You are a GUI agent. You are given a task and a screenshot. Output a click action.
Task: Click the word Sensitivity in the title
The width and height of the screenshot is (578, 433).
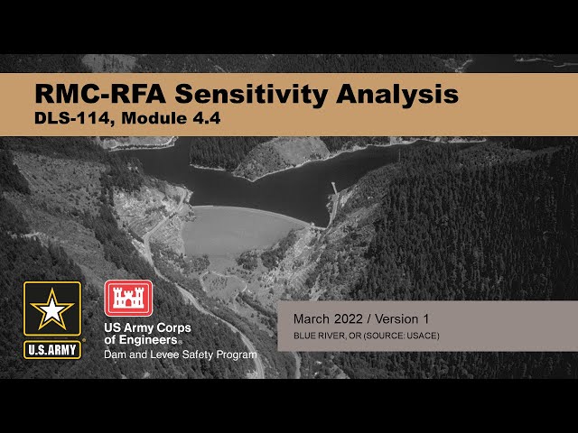tap(263, 94)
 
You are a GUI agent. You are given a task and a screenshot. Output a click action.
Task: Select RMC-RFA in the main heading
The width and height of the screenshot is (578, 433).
tap(100, 94)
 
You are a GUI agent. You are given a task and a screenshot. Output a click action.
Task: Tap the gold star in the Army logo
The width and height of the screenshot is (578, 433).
tap(51, 310)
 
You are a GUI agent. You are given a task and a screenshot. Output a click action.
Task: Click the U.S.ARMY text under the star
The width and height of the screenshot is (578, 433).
tap(51, 348)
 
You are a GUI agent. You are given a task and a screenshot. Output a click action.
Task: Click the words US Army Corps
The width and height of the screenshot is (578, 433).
tap(147, 327)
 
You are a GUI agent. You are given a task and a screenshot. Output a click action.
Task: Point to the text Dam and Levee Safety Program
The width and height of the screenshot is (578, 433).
tap(180, 355)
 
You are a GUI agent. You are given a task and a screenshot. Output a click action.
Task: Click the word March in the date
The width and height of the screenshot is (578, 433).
tap(312, 319)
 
